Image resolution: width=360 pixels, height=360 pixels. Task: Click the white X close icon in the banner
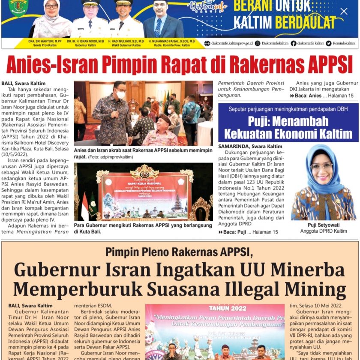[x=344, y=12]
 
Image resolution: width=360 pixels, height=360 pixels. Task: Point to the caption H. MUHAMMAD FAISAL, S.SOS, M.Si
[x=171, y=41]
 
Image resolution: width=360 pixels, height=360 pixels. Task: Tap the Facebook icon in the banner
[x=293, y=43]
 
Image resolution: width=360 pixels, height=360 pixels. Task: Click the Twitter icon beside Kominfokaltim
[x=329, y=43]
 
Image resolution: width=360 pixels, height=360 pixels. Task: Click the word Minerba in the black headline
[x=306, y=270]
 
